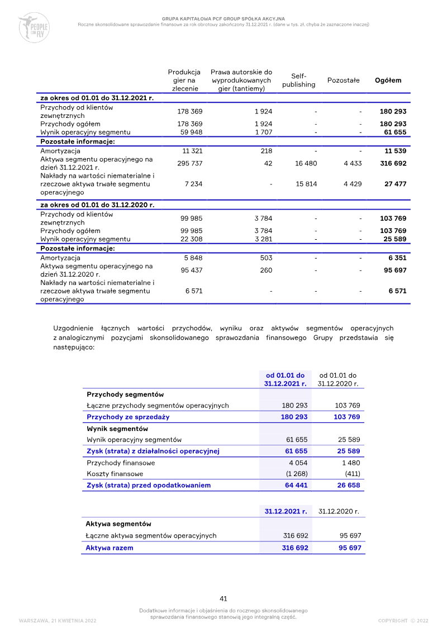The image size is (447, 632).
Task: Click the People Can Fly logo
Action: (34, 27)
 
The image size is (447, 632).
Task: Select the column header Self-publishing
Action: (298, 80)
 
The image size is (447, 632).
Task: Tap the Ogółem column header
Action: (388, 80)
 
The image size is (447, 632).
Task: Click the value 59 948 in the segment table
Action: (190, 132)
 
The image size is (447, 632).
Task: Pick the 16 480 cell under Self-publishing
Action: (306, 163)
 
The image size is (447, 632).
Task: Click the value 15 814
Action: (306, 184)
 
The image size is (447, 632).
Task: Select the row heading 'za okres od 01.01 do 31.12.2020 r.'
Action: (97, 205)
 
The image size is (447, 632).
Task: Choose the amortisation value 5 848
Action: (193, 258)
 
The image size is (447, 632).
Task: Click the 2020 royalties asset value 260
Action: (266, 270)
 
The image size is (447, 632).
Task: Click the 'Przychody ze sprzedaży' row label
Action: (128, 417)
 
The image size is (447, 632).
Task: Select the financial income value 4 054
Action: (298, 463)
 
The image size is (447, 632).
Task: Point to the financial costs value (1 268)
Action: (297, 474)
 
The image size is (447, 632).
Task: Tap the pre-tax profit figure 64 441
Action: (296, 485)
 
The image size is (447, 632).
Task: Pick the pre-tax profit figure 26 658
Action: (347, 485)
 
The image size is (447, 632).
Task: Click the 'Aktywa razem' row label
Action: (110, 548)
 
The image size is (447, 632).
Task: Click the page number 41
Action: (223, 599)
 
